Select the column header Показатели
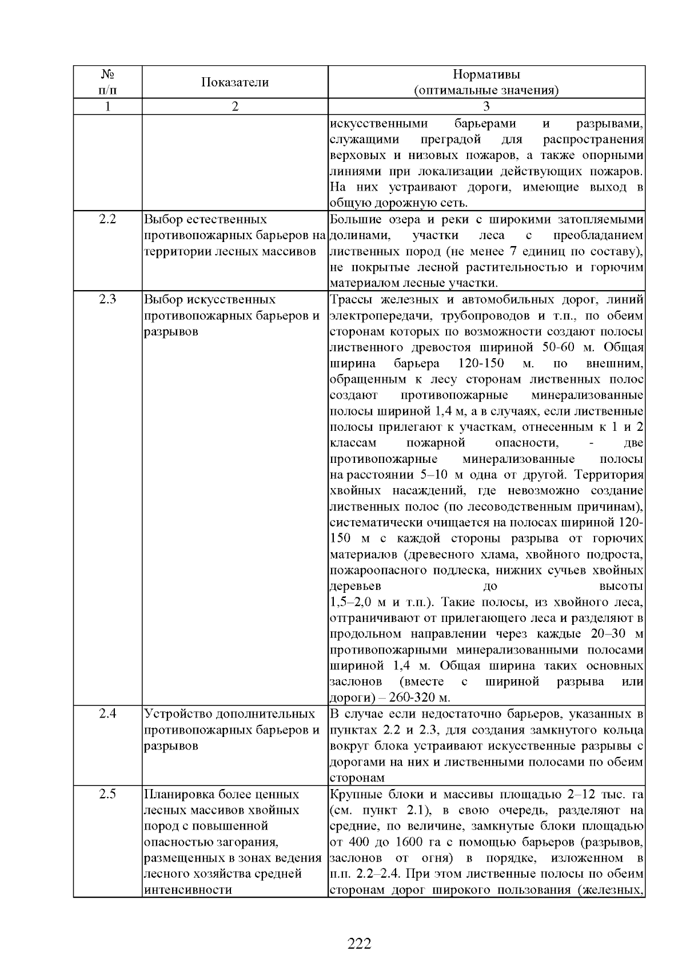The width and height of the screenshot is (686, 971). coord(234,82)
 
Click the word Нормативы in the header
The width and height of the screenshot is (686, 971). coord(486,74)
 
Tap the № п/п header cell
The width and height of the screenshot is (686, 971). coord(107,82)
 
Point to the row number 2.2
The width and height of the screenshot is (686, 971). coord(107,220)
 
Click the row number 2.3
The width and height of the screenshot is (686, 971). coord(107,300)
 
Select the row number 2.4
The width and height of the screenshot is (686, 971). coord(107,714)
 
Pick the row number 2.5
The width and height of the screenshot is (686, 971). coord(107,794)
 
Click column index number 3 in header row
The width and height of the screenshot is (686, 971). coord(486,106)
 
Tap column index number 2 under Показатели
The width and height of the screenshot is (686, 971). coord(234,106)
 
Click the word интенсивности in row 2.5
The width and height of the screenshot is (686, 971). coord(180,890)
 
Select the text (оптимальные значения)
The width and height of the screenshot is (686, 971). coord(486,90)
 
